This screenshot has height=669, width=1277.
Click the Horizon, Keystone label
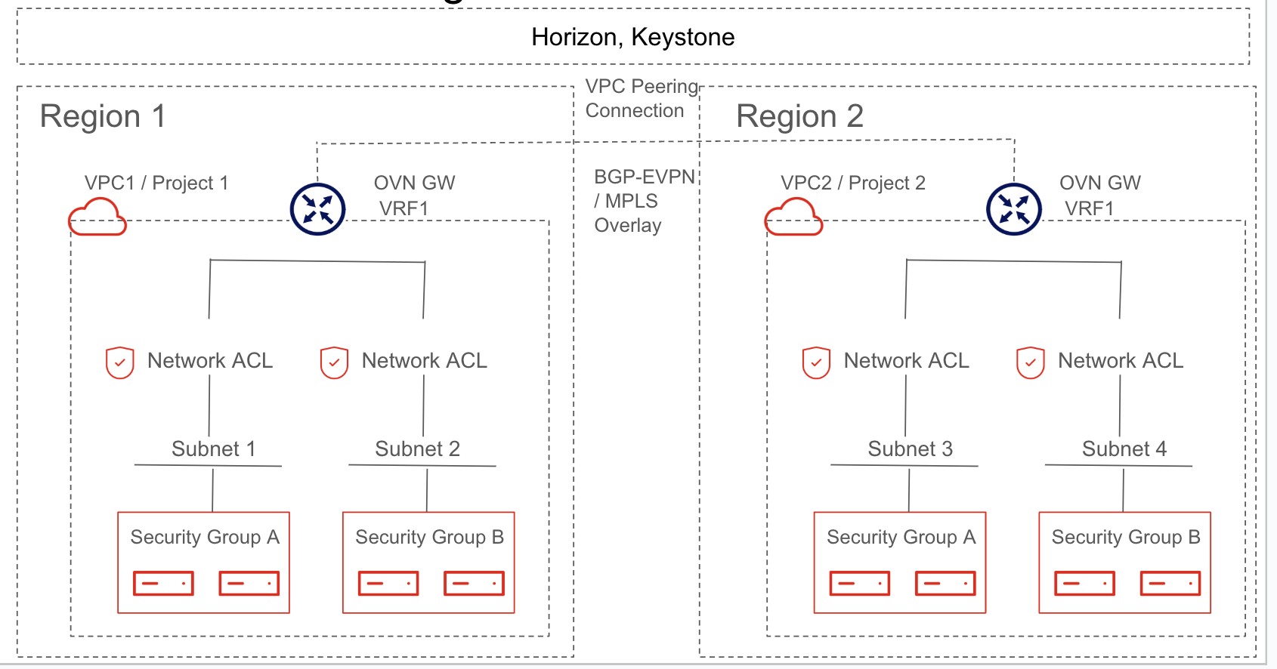[632, 38]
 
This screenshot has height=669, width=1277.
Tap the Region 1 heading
[103, 116]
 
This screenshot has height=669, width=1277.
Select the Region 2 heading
[799, 116]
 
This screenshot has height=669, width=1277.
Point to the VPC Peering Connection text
[642, 98]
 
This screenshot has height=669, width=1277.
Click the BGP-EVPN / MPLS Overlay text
[645, 201]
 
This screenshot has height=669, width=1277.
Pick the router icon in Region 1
[317, 208]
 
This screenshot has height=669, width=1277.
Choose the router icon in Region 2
[1013, 208]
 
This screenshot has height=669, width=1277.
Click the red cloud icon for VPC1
[97, 217]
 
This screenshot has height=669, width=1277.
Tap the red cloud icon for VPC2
[793, 217]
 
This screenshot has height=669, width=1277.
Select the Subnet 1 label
[214, 449]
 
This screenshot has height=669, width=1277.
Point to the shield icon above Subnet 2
[334, 362]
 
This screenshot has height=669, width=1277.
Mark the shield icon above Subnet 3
[816, 362]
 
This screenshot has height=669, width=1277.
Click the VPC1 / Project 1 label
[156, 183]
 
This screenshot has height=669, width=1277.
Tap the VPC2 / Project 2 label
[853, 183]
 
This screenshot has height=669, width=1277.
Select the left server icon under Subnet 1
[163, 583]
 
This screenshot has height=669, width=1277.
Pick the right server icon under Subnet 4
[1170, 583]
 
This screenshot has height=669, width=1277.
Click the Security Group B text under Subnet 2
[429, 538]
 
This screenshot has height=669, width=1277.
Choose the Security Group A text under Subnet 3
[901, 538]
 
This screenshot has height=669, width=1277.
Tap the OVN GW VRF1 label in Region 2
[1099, 196]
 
